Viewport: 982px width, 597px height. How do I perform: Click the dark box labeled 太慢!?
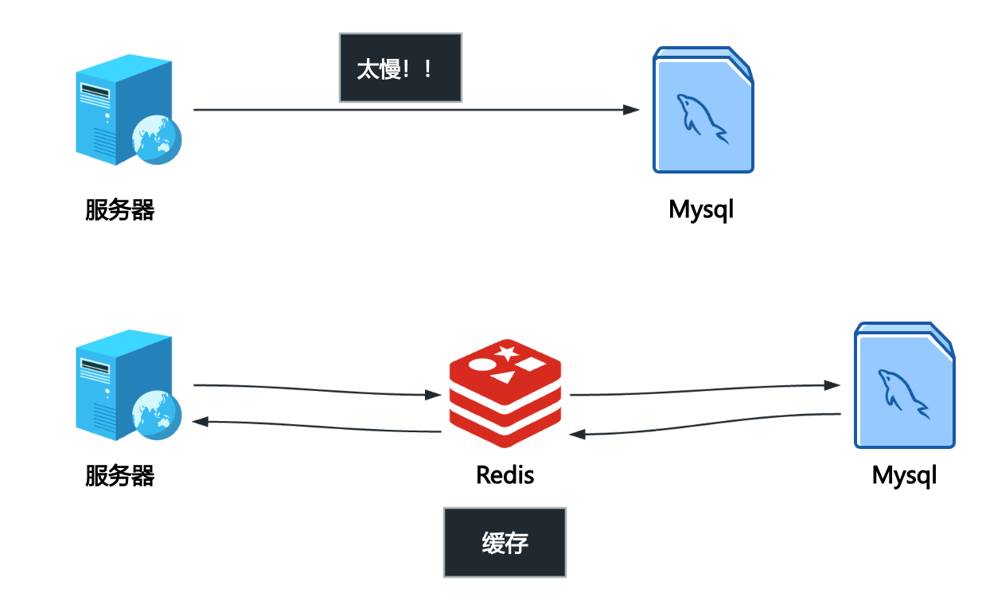400,68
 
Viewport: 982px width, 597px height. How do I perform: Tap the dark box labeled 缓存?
505,542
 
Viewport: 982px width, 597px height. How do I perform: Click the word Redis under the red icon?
505,475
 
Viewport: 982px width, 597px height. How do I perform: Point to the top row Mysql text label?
700,210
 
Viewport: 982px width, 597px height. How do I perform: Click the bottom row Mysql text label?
904,476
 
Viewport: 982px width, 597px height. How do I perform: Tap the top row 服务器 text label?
119,210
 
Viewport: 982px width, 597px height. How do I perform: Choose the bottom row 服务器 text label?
119,476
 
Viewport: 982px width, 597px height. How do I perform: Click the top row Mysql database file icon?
703,109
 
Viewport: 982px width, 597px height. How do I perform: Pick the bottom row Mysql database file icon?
904,385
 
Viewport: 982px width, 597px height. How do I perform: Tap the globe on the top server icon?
157,139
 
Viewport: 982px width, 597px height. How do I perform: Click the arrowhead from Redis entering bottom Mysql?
832,385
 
